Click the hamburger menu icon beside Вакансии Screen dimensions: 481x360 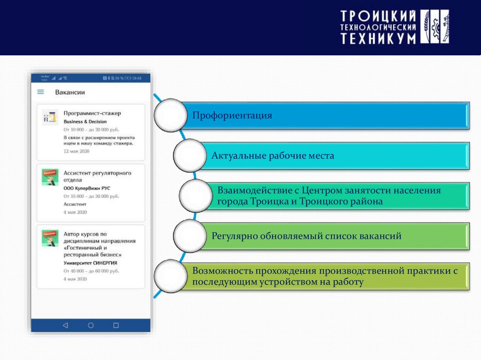[41, 92]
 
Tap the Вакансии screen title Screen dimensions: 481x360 [70, 92]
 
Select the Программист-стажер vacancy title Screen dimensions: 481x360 [92, 113]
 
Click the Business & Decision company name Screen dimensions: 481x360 [85, 122]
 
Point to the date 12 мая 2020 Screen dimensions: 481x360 [76, 152]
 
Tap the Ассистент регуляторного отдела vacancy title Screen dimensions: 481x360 [97, 176]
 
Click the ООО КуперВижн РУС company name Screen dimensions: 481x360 [86, 188]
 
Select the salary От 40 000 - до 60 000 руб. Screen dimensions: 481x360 [91, 271]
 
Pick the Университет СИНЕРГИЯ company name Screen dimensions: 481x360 [90, 263]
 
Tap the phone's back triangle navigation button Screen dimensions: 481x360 [65, 325]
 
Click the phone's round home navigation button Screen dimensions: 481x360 [91, 325]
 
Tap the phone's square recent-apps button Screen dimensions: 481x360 [116, 325]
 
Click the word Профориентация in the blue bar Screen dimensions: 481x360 [233, 115]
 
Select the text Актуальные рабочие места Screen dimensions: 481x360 [272, 155]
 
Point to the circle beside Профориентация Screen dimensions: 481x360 [171, 115]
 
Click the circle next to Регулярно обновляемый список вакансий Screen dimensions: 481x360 [190, 235]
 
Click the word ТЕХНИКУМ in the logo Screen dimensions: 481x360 [378, 38]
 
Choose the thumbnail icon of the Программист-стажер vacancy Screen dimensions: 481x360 [49, 117]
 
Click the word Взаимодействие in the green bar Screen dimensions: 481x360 [252, 191]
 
